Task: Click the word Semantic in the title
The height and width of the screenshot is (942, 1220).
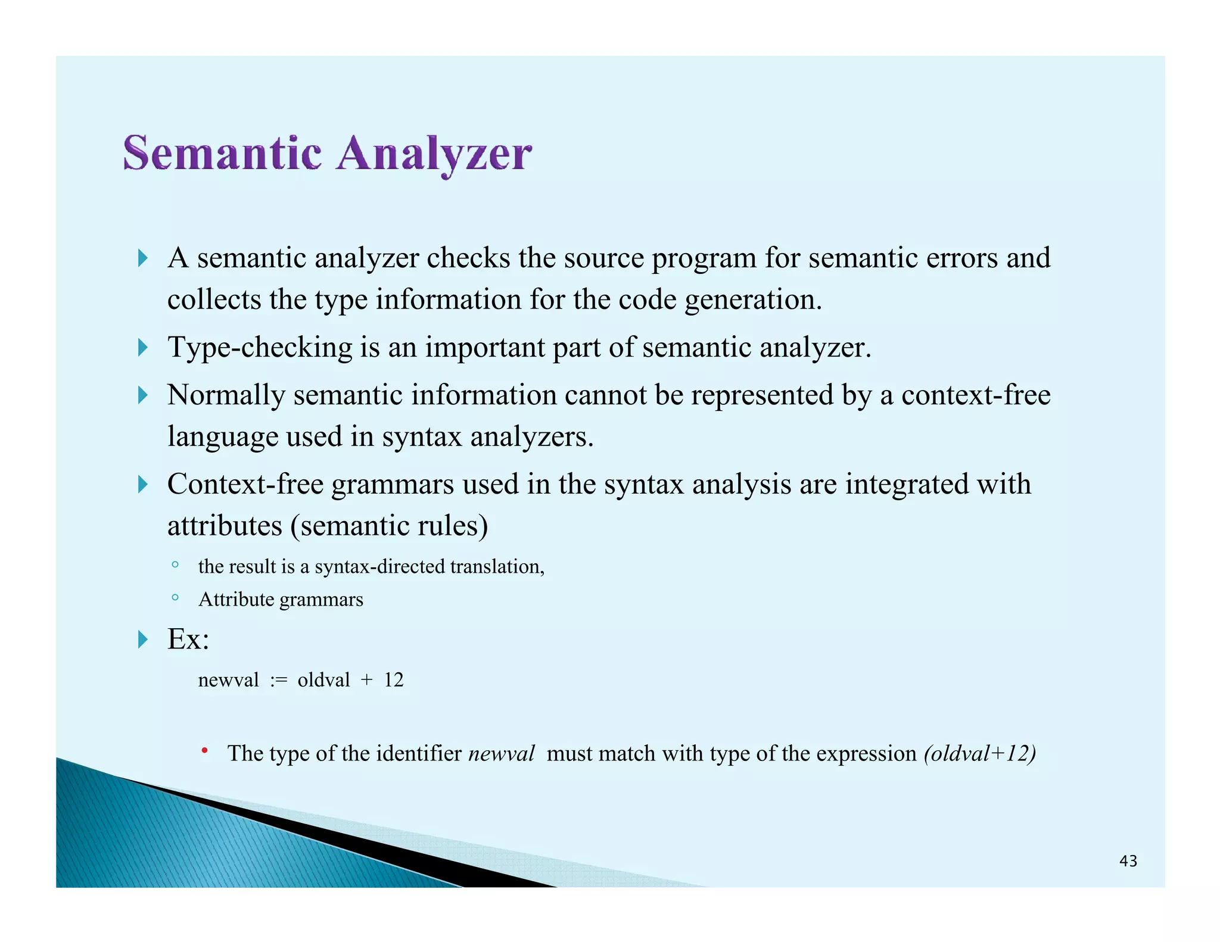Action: click(x=222, y=154)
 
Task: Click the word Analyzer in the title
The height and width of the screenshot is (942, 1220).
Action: click(x=434, y=154)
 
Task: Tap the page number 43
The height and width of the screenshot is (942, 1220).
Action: click(x=1128, y=861)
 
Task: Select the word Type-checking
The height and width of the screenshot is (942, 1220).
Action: click(x=260, y=347)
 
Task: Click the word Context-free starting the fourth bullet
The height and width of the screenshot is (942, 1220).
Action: click(x=245, y=484)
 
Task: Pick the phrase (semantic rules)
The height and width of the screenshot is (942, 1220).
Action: click(x=389, y=526)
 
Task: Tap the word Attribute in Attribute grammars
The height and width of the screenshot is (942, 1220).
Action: click(x=236, y=599)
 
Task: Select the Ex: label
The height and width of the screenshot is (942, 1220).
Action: click(x=188, y=639)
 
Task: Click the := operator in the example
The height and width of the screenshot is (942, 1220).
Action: click(x=278, y=680)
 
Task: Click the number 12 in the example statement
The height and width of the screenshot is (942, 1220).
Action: click(x=394, y=680)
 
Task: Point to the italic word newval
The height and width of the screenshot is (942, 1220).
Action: click(x=502, y=754)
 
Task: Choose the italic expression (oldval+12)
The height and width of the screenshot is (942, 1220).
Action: click(x=980, y=754)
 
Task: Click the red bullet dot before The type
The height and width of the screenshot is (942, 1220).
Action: click(x=204, y=751)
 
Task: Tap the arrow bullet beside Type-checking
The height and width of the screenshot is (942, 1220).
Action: click(x=142, y=347)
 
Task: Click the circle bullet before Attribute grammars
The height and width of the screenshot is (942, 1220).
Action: click(x=175, y=597)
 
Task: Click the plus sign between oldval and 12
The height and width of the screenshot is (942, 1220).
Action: click(x=366, y=680)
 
